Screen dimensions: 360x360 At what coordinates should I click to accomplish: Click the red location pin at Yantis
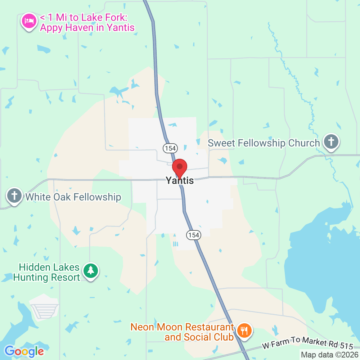point(180,168)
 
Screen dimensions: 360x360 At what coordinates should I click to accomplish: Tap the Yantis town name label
point(180,181)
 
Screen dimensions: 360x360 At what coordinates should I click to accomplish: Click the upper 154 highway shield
point(170,148)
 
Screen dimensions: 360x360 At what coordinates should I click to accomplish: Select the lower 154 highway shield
point(193,235)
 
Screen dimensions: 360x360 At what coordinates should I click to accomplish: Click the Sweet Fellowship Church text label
point(264,143)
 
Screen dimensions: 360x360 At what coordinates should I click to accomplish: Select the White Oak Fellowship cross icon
point(14,196)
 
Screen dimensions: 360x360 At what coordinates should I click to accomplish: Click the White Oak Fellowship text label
point(73,197)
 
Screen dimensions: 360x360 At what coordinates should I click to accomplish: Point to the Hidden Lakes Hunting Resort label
point(49,273)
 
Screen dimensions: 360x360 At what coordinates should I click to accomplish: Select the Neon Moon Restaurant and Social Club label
point(183,332)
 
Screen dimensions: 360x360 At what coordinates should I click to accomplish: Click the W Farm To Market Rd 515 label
point(307,343)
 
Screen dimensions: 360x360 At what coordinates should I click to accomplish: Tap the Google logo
point(24,351)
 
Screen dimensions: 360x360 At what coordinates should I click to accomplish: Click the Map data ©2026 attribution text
point(330,355)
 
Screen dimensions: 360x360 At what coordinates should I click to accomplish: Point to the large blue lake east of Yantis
point(324,259)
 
